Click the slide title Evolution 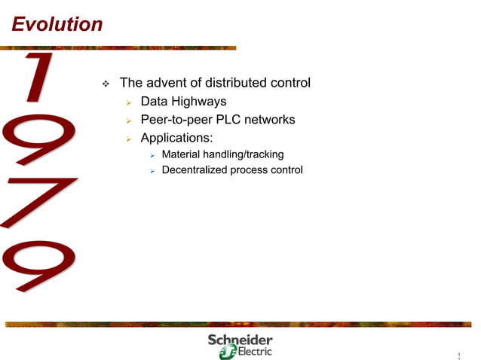[x=57, y=25]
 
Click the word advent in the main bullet [x=167, y=82]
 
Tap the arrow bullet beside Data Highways [x=129, y=102]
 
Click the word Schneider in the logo [x=240, y=340]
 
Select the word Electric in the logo [x=254, y=352]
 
